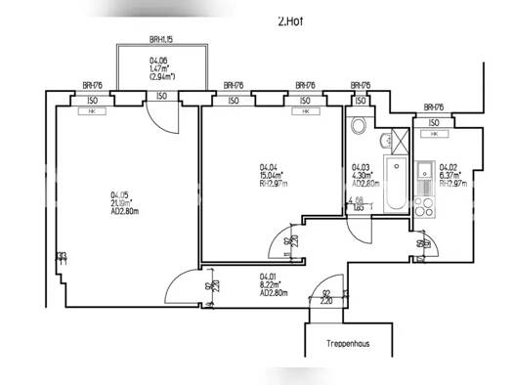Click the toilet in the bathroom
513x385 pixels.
(x=359, y=127)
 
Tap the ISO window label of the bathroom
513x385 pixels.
(x=363, y=100)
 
